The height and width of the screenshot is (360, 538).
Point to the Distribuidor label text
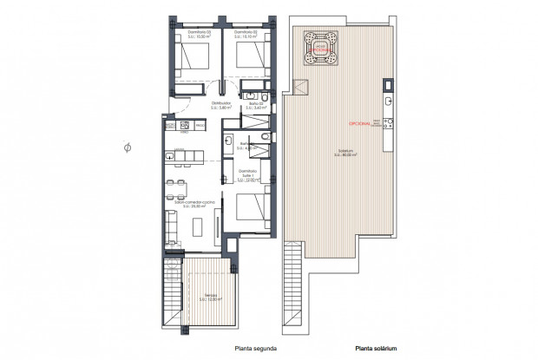(x=222, y=104)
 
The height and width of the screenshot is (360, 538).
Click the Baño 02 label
(x=255, y=104)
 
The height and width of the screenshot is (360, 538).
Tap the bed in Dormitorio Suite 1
(x=252, y=210)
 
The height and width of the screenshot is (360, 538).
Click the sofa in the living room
(x=169, y=226)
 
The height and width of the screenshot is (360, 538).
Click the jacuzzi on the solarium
(x=320, y=48)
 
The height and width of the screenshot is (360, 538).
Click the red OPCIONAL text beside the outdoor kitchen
(x=360, y=124)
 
